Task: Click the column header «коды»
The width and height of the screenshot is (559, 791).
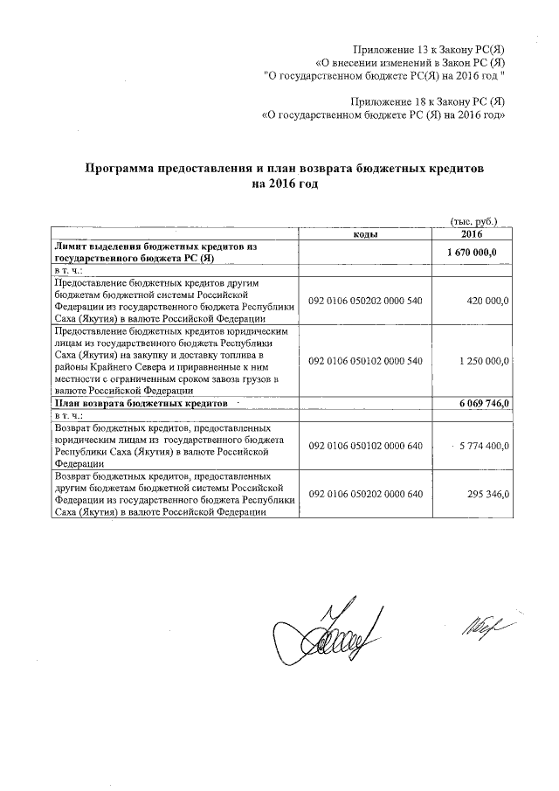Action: tap(365, 235)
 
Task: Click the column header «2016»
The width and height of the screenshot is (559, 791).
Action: tap(472, 235)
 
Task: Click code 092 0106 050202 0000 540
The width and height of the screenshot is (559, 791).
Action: tap(365, 300)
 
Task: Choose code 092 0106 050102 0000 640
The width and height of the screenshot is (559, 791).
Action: tap(365, 446)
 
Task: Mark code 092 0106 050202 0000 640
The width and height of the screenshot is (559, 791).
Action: tap(365, 494)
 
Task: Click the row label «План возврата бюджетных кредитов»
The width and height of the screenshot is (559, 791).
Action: tap(141, 404)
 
